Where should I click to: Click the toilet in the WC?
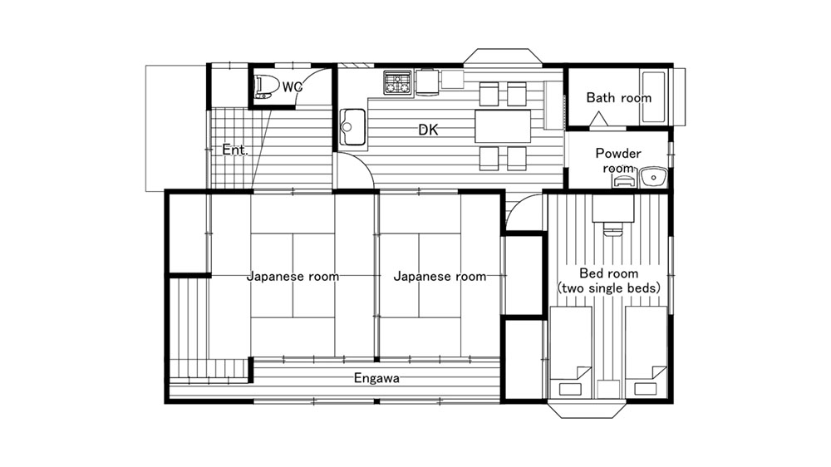click(x=267, y=87)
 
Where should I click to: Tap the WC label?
click(x=293, y=87)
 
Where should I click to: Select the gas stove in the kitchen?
click(x=397, y=83)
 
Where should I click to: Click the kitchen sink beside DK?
click(x=352, y=127)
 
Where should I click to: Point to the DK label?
click(x=428, y=130)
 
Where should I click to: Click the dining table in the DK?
click(x=503, y=126)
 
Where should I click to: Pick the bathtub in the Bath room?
click(x=653, y=97)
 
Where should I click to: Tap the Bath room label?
click(x=618, y=98)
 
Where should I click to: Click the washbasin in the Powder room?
click(x=653, y=177)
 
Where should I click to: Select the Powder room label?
click(x=618, y=160)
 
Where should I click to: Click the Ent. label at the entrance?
click(x=235, y=150)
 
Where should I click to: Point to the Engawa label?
click(x=376, y=378)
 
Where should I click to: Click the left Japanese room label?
click(x=293, y=276)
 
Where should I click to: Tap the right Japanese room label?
click(x=440, y=276)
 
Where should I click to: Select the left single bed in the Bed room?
click(x=571, y=352)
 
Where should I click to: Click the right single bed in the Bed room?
click(x=646, y=352)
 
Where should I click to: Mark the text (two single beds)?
click(x=609, y=288)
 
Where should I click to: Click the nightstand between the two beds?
click(x=608, y=389)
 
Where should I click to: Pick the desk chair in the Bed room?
click(x=613, y=229)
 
